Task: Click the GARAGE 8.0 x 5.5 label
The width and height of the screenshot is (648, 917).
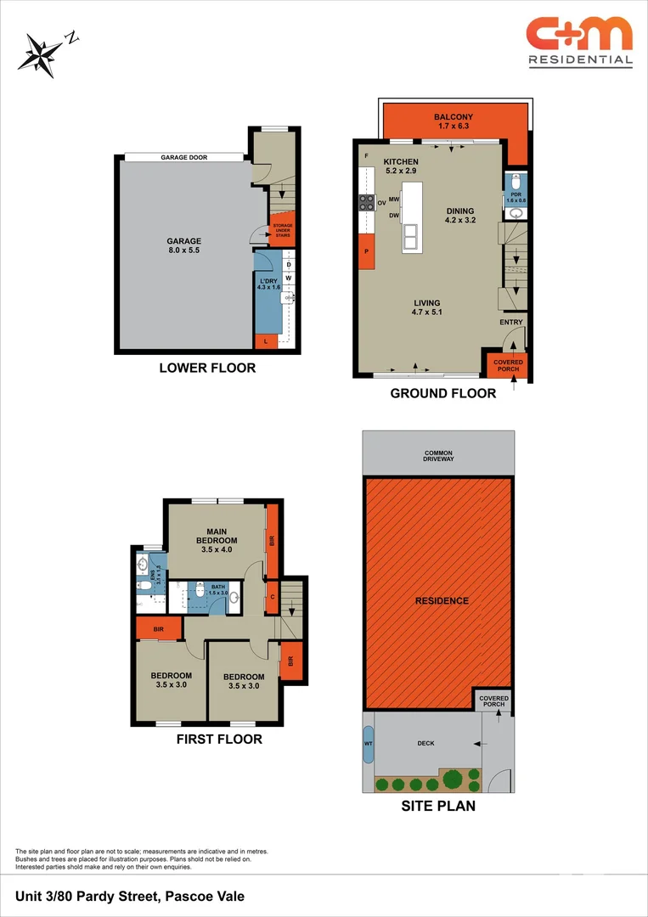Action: coord(183,246)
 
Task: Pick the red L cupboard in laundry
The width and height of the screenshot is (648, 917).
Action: coord(266,341)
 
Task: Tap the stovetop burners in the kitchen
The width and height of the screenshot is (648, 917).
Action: coord(367,202)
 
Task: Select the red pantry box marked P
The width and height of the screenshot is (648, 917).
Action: coord(367,252)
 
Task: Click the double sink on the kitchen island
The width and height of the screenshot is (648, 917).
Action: coord(412,234)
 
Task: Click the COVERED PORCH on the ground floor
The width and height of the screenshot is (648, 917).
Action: coord(509,364)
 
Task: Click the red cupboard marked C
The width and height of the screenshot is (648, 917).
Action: coord(272,596)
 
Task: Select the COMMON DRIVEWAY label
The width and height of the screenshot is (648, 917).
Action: coord(438,455)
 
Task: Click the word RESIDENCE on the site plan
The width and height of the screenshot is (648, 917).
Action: coord(442,601)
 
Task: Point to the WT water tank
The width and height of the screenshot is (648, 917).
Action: coord(368,744)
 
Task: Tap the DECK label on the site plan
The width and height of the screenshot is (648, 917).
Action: coord(425,744)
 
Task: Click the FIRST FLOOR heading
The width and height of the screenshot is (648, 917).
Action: coord(219,739)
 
